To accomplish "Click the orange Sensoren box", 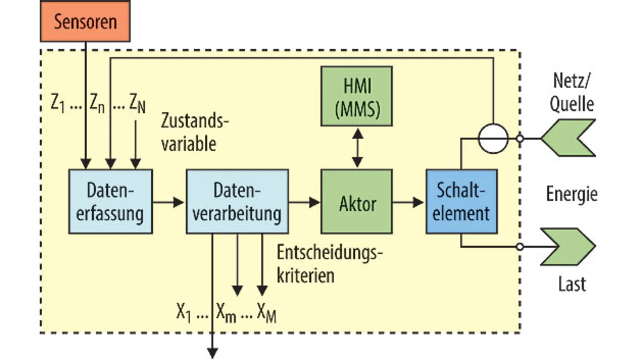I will click(x=85, y=21).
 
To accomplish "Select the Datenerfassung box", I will click(x=110, y=201).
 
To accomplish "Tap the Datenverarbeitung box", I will click(x=237, y=201).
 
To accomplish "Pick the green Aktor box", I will click(x=356, y=201).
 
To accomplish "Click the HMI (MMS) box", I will click(x=356, y=96).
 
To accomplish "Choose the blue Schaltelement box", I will click(x=461, y=201).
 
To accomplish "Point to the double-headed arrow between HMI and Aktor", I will click(x=357, y=147).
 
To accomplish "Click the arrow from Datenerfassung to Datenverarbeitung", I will click(x=168, y=202).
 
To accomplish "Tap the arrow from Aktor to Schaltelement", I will click(x=409, y=202).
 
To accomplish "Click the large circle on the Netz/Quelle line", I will click(x=493, y=138).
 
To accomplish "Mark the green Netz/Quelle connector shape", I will click(x=568, y=138).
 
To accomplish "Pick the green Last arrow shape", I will click(x=568, y=246).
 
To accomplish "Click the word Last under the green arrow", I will click(x=572, y=284).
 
